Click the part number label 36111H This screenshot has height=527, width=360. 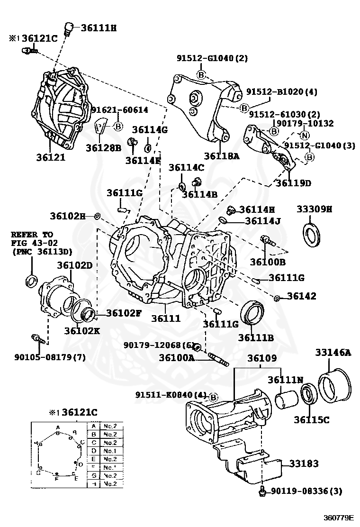pos(98,28)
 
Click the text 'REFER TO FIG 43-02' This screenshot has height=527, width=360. pos(32,239)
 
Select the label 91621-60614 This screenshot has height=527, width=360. pos(119,110)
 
